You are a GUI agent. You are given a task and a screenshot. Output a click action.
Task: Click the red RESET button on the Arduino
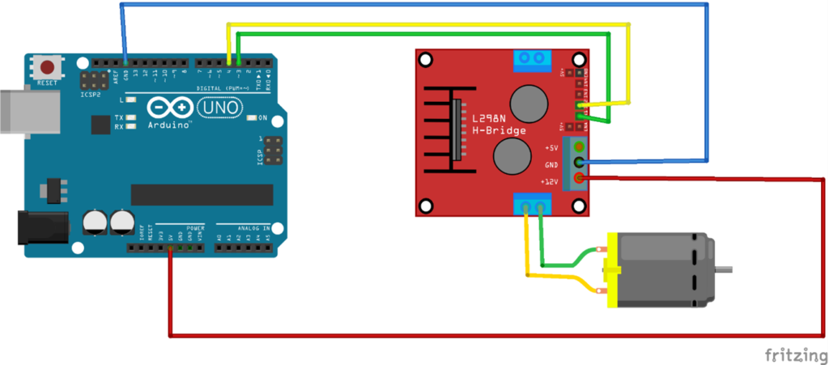click(49, 66)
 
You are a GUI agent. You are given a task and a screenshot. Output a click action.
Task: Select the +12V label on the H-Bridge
click(550, 181)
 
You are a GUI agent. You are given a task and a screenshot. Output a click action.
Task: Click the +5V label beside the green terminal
click(551, 148)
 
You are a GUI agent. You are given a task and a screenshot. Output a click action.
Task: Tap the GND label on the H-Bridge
click(551, 164)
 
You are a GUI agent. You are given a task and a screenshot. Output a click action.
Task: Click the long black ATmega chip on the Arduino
click(202, 194)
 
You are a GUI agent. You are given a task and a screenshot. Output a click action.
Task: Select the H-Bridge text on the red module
click(499, 130)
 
